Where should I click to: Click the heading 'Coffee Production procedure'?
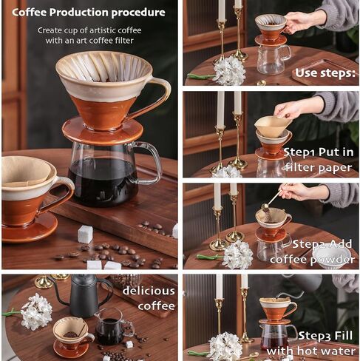tap(88, 13)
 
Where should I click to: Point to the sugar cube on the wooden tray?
tap(85, 235)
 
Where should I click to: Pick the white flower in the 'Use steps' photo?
tap(229, 71)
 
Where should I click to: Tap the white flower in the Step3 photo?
tap(225, 346)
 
